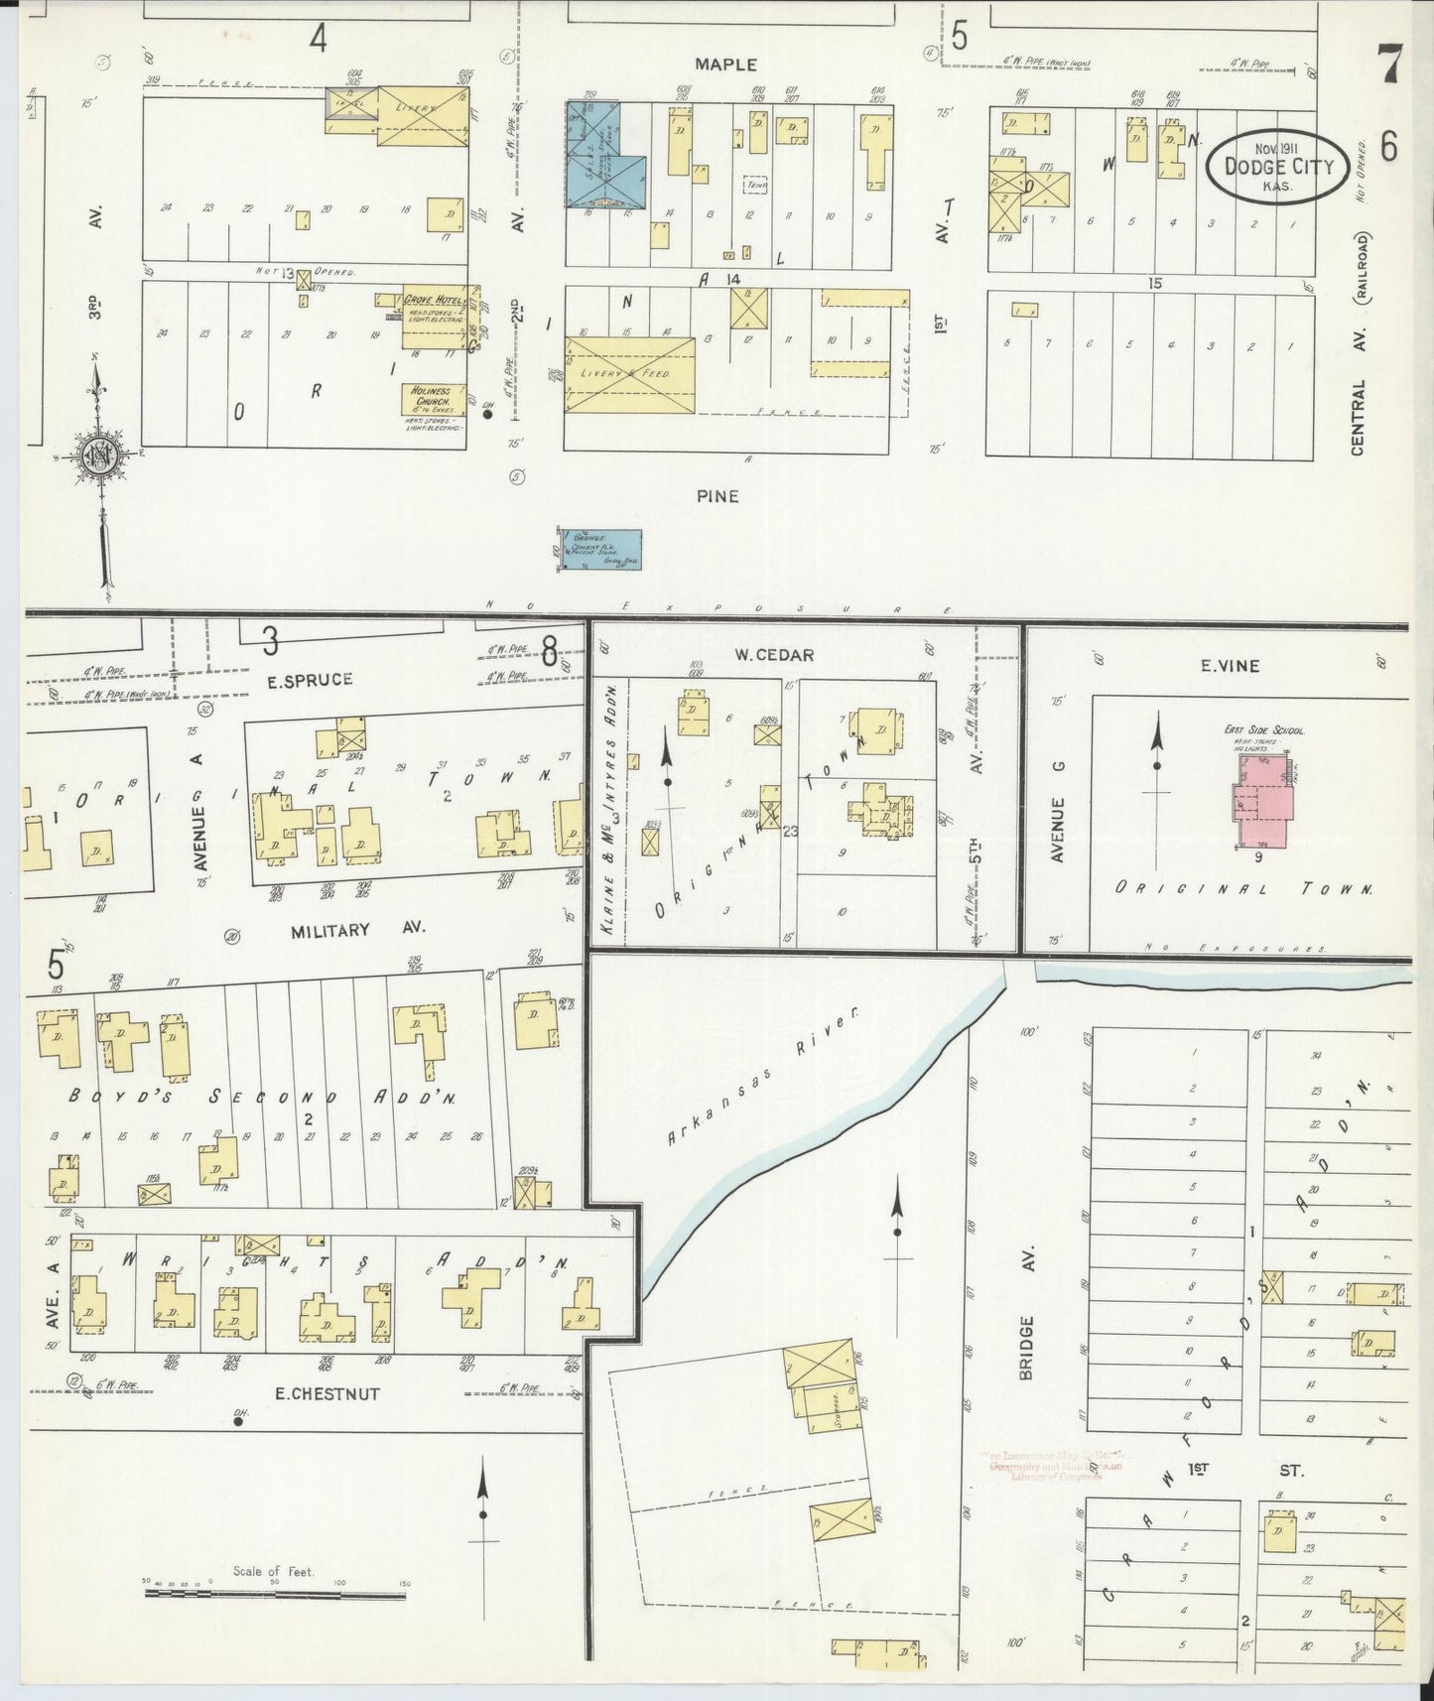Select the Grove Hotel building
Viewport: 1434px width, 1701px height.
pos(434,319)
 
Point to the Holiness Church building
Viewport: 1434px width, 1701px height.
pos(433,399)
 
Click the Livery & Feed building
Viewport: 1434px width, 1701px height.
pos(630,374)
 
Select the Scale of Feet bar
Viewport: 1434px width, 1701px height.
pos(275,1593)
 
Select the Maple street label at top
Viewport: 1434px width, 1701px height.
pos(725,65)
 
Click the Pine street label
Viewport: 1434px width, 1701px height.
pos(717,495)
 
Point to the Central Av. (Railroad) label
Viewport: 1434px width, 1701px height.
pos(1360,347)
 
